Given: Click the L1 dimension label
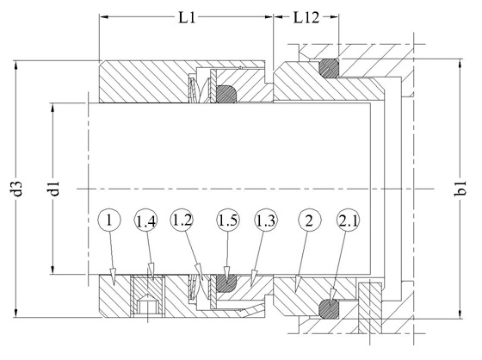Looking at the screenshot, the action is (x=187, y=18).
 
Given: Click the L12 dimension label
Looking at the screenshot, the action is (x=306, y=18).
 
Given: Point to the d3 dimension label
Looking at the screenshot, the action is (x=18, y=189).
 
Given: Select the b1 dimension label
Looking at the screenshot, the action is (x=460, y=189).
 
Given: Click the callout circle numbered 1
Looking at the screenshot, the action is (x=108, y=220).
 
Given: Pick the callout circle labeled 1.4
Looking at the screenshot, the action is (x=146, y=220).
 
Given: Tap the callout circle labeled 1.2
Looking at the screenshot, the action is (x=182, y=220).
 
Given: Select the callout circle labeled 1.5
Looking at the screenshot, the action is (x=228, y=220).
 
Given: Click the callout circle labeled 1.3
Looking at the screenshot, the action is (x=266, y=220).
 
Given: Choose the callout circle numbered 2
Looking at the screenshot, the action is (x=309, y=220).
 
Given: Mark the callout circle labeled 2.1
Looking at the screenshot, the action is (x=348, y=220).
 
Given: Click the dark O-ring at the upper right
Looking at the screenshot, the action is (x=329, y=68).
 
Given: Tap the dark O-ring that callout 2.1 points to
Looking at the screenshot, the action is (x=329, y=309).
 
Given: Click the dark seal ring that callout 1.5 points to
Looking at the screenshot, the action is (x=227, y=283).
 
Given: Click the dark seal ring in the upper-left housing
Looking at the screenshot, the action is (x=227, y=94).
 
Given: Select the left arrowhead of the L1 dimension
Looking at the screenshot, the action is (x=104, y=17).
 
